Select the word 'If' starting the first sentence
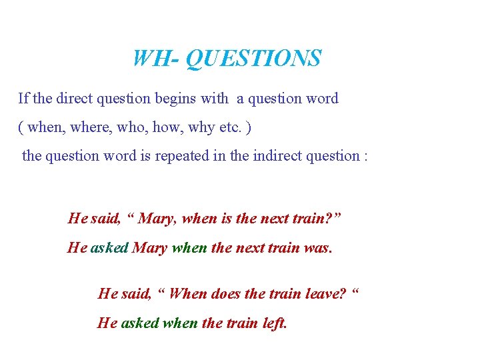pyautogui.click(x=23, y=99)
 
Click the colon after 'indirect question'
pyautogui.click(x=366, y=156)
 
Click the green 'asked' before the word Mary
pyautogui.click(x=109, y=248)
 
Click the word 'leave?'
pyautogui.click(x=323, y=293)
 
